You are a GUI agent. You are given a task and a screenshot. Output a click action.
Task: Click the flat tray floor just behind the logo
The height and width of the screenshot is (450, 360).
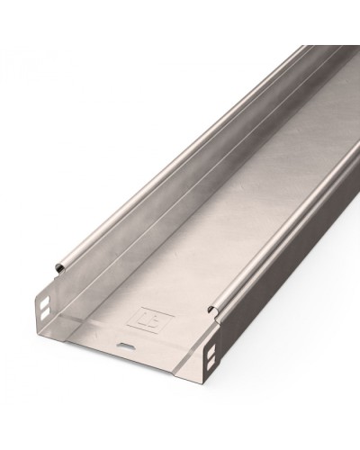(180, 270)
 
